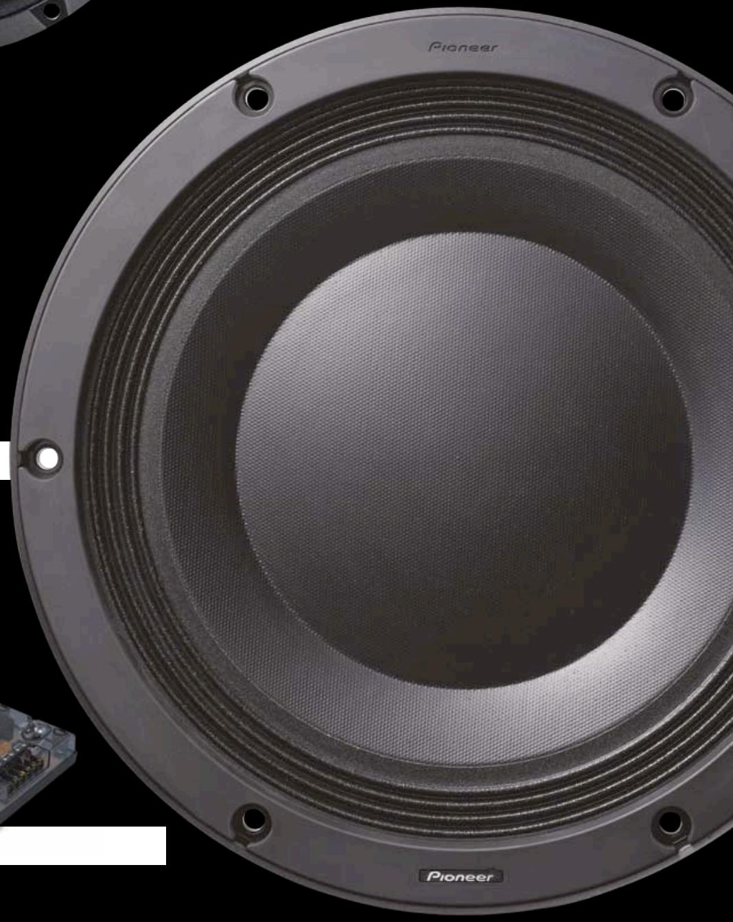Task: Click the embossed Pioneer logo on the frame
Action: pos(463,47)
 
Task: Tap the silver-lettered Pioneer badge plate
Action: pos(461,876)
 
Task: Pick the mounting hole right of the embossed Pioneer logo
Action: pos(672,97)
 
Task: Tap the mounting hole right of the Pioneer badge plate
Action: pos(670,821)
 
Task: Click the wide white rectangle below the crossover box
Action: pos(82,845)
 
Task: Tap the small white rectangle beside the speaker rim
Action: pos(5,460)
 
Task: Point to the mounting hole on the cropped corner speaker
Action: pos(51,10)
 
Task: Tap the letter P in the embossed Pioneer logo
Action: pos(434,47)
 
